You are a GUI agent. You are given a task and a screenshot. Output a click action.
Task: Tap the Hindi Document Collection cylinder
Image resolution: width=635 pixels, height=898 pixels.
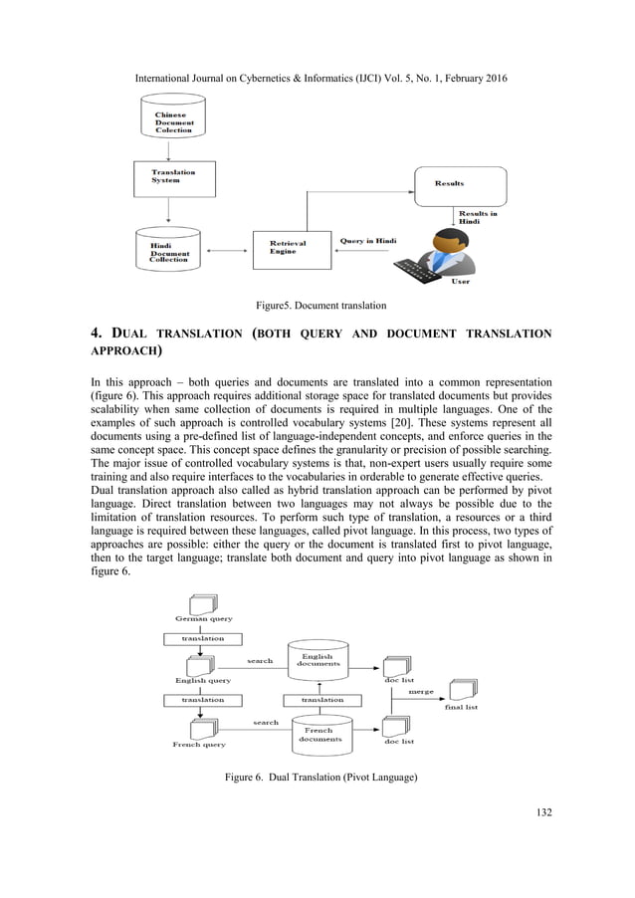[173, 249]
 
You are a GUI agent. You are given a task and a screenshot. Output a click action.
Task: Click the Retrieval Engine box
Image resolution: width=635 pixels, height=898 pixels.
[293, 249]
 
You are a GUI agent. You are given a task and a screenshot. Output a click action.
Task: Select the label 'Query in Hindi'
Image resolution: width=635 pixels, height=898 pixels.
[368, 241]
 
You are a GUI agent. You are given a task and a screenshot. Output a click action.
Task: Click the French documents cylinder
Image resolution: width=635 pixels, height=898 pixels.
[319, 735]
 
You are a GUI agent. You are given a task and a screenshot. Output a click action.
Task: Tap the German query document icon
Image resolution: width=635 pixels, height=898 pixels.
[203, 604]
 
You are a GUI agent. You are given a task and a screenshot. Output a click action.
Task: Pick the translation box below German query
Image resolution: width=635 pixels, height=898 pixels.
[202, 637]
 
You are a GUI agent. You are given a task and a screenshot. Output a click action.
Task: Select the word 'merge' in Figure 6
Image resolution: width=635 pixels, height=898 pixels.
[422, 691]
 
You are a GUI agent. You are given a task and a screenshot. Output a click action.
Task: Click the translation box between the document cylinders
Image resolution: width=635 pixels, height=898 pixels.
[321, 700]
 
